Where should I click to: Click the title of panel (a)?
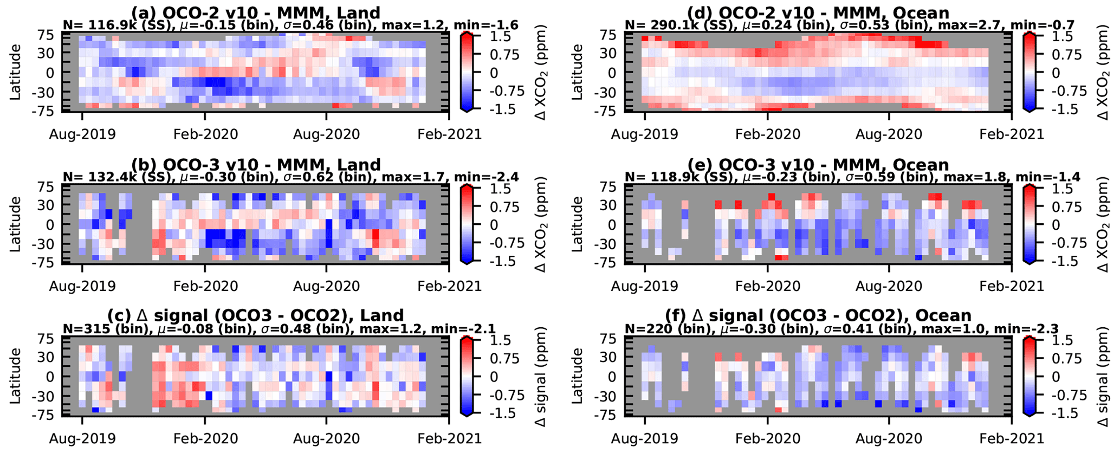point(255,12)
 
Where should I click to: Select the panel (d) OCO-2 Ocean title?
point(818,12)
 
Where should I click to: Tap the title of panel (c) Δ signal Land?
point(255,315)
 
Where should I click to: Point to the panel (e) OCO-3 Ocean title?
point(818,165)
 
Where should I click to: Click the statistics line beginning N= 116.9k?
point(290,25)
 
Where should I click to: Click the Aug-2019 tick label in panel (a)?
point(82,134)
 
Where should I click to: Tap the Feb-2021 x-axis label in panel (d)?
point(1011,134)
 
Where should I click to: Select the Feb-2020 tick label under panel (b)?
point(205,286)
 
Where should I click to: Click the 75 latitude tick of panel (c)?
point(45,339)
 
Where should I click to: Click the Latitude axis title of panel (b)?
point(15,224)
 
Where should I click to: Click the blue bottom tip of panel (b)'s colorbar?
point(468,262)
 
